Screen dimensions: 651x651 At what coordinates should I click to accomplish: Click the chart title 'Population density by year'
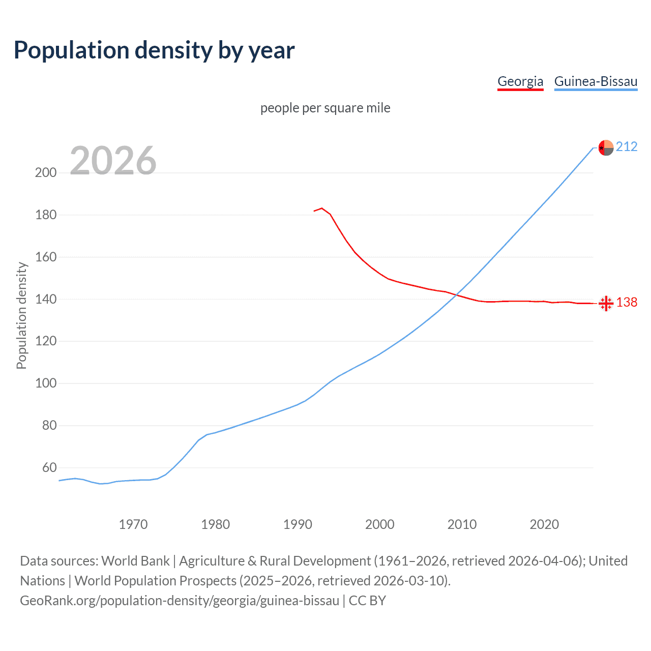(154, 50)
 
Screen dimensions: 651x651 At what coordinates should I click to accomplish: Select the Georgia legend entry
(520, 81)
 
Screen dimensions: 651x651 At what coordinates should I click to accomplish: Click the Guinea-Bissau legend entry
(596, 81)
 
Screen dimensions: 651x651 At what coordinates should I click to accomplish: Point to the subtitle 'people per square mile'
(325, 108)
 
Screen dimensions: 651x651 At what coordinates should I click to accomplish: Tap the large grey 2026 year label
(113, 161)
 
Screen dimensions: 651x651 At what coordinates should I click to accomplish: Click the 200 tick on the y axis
(46, 172)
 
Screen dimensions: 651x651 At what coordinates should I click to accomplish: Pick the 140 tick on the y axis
(46, 299)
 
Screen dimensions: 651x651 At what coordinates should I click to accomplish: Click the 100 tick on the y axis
(46, 383)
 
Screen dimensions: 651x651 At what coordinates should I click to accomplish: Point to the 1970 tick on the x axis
(133, 524)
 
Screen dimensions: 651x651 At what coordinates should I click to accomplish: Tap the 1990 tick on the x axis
(298, 524)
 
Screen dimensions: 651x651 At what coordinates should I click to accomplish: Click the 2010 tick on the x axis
(462, 524)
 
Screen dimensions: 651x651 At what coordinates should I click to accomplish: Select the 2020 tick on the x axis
(544, 524)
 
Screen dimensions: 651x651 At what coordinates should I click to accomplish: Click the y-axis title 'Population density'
(21, 315)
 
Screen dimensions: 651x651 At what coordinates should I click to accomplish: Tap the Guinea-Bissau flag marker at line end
(606, 147)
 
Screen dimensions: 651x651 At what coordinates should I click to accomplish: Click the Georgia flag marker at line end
(606, 304)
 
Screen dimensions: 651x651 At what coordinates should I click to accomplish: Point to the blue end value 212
(627, 147)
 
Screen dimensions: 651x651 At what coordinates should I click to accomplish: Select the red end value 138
(627, 303)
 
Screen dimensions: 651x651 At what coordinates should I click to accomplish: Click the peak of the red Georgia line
(322, 208)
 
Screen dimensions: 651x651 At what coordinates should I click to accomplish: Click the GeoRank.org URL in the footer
(180, 601)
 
